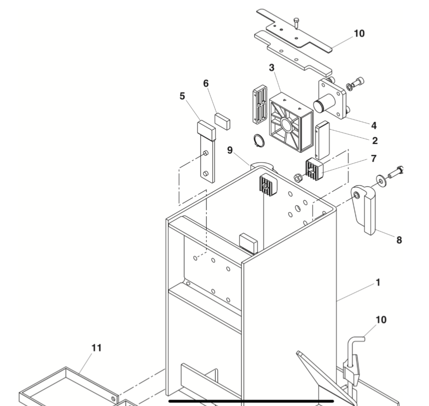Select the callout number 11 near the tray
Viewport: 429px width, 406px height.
(x=96, y=348)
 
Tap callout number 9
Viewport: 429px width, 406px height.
(x=230, y=150)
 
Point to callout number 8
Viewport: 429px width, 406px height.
(x=399, y=240)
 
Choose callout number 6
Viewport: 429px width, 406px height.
(x=206, y=83)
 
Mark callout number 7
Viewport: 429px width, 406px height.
(x=373, y=158)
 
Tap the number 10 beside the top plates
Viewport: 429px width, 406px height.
(x=359, y=33)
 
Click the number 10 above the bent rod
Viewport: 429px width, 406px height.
(x=381, y=320)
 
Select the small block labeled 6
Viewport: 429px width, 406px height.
(x=222, y=120)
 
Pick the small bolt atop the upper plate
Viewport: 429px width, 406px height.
(x=296, y=22)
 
